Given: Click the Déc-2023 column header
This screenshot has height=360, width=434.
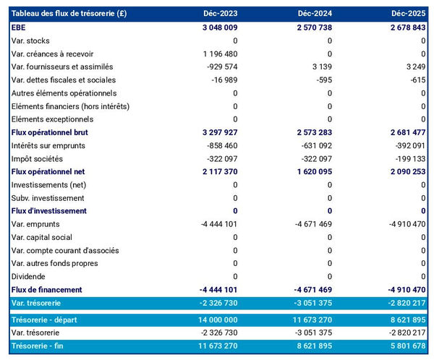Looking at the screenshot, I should click(221, 14).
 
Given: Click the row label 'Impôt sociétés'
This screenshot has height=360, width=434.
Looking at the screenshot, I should click(38, 158).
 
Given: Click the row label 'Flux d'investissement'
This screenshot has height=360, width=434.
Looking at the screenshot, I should click(48, 211).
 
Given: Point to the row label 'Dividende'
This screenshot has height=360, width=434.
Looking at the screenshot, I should click(29, 276).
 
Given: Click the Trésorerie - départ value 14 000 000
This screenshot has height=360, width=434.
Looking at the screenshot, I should click(212, 319).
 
